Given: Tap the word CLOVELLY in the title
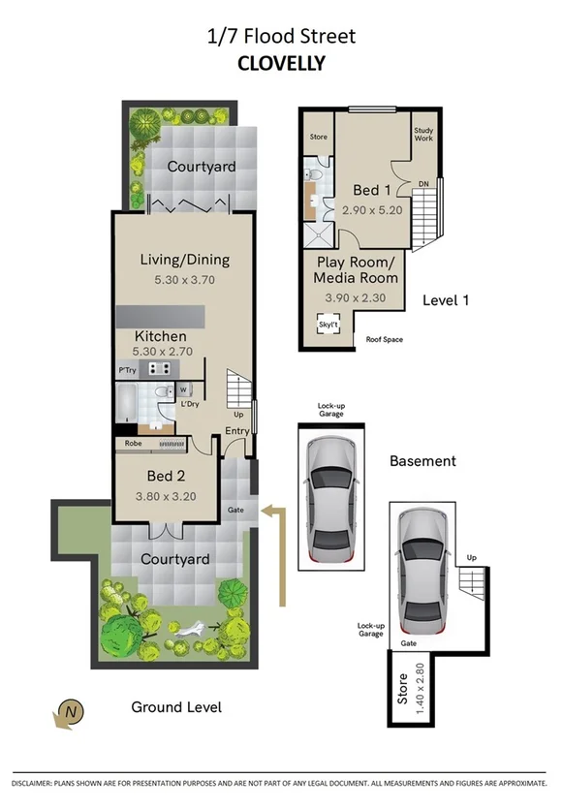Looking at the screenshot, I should click(x=281, y=64).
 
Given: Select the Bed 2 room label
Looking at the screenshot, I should click(x=167, y=476).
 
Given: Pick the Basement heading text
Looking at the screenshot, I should click(x=422, y=461).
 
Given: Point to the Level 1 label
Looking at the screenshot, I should click(x=446, y=300).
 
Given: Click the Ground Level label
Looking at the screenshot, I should click(x=176, y=707).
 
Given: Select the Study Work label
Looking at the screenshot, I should click(x=423, y=134).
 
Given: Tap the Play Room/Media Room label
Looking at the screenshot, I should click(x=358, y=270).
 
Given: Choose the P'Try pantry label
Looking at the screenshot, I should click(x=126, y=369).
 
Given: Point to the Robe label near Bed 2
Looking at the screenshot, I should click(x=133, y=444).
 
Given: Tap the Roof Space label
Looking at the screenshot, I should click(x=385, y=340).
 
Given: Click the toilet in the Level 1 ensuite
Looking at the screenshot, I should click(x=309, y=174).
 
